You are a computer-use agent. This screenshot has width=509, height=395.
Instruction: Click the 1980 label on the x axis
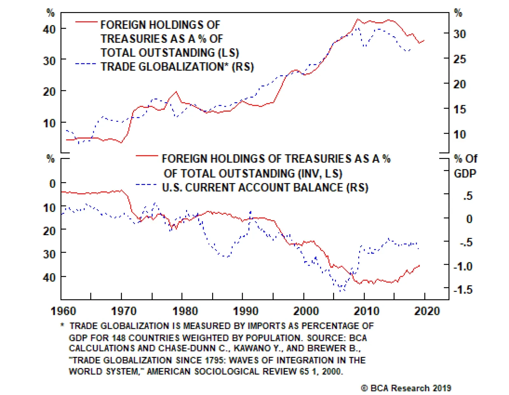pos(185,311)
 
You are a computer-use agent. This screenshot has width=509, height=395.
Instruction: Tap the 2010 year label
pos(366,311)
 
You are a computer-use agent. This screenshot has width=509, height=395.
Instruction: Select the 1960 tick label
pos(64,311)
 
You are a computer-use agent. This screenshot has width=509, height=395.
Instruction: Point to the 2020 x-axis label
pos(427,311)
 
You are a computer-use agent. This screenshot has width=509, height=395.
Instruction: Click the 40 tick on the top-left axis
pos(49,29)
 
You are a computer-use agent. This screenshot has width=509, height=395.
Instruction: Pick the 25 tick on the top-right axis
pos(459,59)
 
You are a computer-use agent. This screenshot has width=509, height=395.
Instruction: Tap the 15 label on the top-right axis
pos(459,109)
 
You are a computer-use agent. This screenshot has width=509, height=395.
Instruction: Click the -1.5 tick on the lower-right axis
pos(463,289)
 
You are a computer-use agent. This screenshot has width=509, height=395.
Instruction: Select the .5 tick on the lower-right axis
pos(468,196)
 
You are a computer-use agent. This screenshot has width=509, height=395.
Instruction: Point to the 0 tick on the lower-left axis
pos(52,184)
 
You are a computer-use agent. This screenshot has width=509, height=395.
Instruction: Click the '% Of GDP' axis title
pos(465,166)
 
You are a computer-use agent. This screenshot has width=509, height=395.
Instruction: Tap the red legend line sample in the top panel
pos(86,22)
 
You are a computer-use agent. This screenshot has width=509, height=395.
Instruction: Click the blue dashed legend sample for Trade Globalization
pos(86,64)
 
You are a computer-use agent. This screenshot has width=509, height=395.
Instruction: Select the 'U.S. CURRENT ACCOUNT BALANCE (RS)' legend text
pos(265,187)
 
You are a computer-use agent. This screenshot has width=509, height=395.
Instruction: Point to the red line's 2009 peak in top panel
pos(358,19)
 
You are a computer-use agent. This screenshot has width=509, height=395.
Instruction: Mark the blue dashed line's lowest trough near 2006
pos(341,290)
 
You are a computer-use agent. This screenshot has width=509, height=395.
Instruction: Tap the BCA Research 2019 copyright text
pos(406,388)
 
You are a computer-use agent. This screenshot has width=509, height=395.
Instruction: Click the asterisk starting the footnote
pos(63,325)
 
